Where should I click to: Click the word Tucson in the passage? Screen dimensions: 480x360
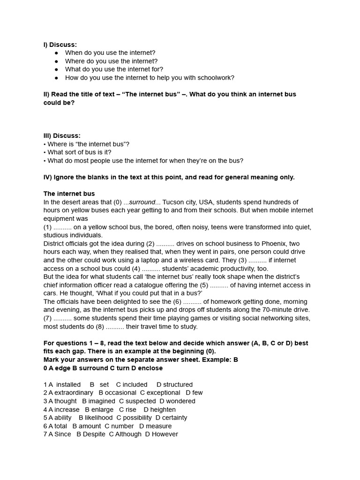172,202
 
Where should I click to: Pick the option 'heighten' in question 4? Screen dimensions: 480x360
163,410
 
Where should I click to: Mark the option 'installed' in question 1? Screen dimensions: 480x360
68,384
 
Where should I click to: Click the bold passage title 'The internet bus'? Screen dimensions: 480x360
69,194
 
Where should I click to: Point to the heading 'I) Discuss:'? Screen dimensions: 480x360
60,45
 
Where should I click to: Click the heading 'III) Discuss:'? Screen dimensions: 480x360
62,135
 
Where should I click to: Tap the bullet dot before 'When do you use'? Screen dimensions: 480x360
56,53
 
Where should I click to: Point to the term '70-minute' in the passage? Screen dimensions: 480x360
277,310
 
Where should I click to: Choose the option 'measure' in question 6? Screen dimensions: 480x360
159,426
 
